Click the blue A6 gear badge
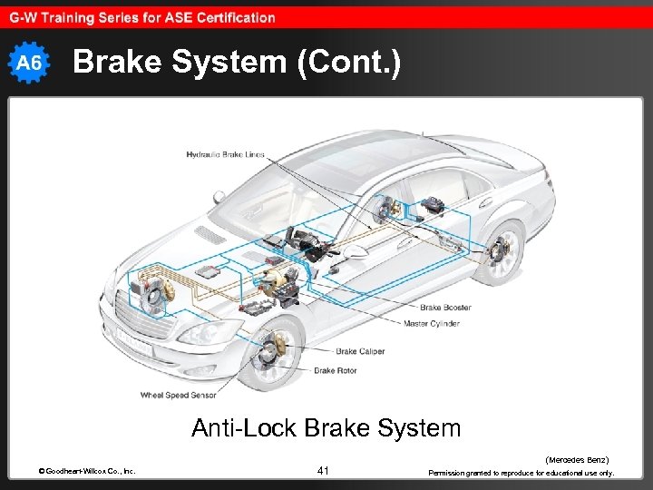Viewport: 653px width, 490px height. (x=30, y=63)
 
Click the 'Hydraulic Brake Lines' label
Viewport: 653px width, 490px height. (x=225, y=154)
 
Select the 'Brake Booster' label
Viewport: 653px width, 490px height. (x=444, y=308)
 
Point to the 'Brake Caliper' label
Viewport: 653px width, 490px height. (x=360, y=351)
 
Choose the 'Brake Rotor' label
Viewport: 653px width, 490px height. (x=336, y=370)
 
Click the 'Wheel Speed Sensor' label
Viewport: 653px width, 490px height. (x=178, y=395)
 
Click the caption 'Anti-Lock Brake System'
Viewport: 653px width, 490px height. (x=326, y=427)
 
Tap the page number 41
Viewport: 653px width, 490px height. (x=325, y=470)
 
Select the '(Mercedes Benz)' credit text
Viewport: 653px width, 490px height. (x=576, y=460)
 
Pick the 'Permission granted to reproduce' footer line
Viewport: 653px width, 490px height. (x=521, y=473)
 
